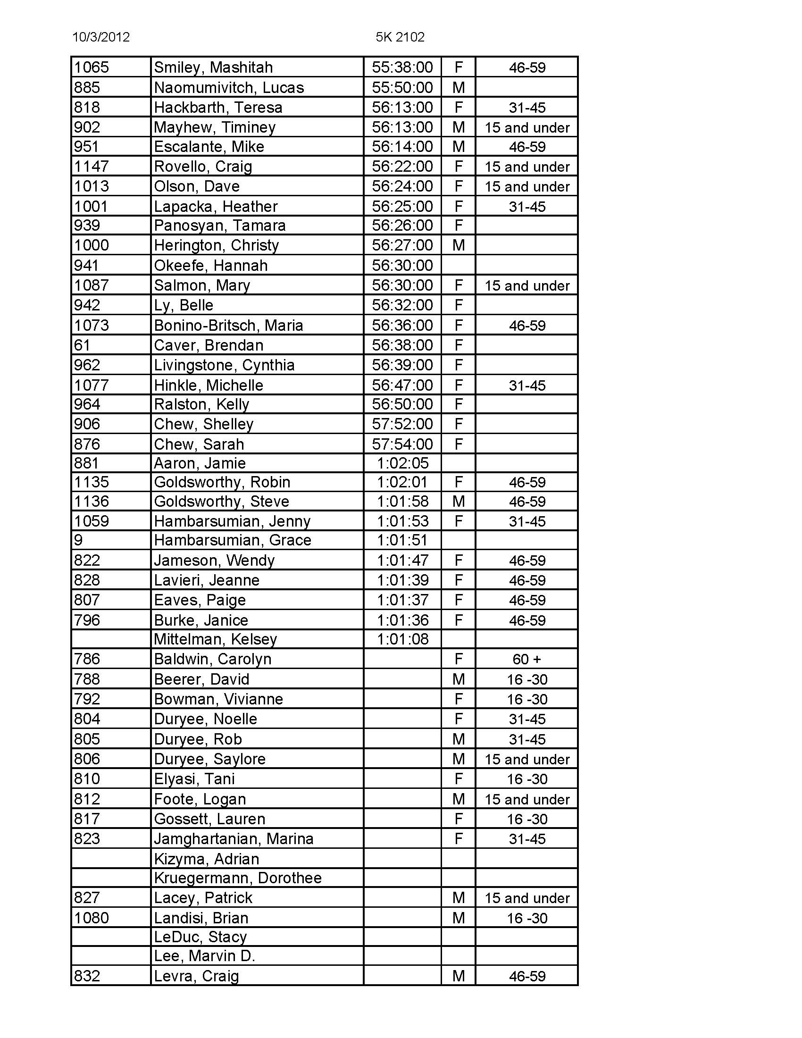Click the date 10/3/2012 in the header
pyautogui.click(x=101, y=37)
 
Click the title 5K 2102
pyautogui.click(x=400, y=37)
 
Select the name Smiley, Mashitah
pyautogui.click(x=213, y=67)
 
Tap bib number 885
pyautogui.click(x=87, y=87)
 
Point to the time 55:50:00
pyautogui.click(x=402, y=87)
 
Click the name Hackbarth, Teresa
pyautogui.click(x=218, y=108)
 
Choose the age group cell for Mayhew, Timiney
pyautogui.click(x=527, y=127)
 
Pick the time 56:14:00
pyautogui.click(x=402, y=147)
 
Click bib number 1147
pyautogui.click(x=92, y=167)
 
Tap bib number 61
pyautogui.click(x=82, y=345)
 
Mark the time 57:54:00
pyautogui.click(x=402, y=444)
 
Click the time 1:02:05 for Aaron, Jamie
pyautogui.click(x=402, y=463)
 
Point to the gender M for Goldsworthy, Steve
pyautogui.click(x=459, y=502)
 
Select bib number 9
pyautogui.click(x=78, y=540)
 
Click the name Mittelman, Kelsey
pyautogui.click(x=215, y=639)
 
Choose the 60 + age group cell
pyautogui.click(x=527, y=659)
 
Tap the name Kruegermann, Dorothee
pyautogui.click(x=238, y=878)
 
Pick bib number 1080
pyautogui.click(x=92, y=918)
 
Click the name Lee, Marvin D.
pyautogui.click(x=204, y=956)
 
